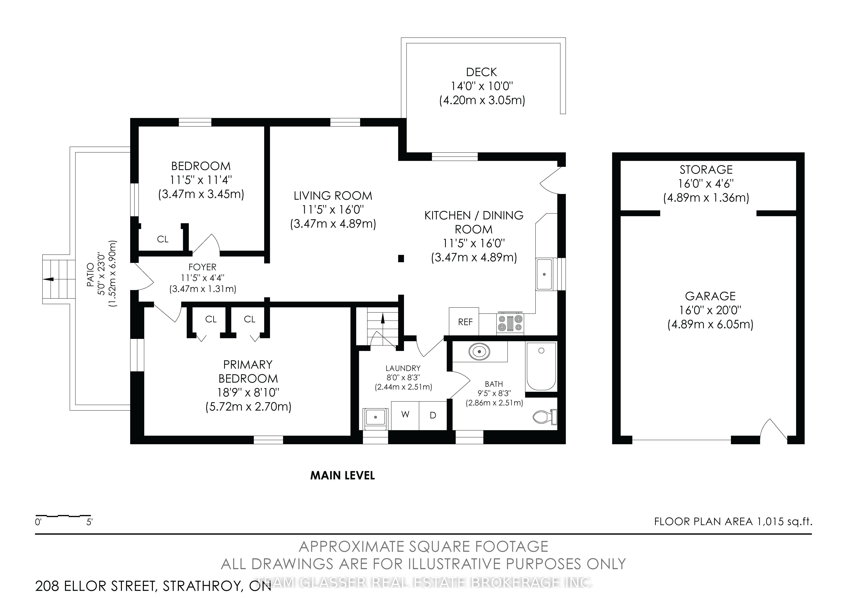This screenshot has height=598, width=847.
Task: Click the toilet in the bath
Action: [545, 417]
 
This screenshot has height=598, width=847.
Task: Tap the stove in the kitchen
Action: [511, 323]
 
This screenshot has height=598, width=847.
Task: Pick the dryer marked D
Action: [433, 415]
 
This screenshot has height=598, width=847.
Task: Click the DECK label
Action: [481, 72]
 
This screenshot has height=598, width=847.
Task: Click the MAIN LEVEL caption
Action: [342, 476]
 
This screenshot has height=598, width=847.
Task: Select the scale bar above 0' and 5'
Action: [63, 515]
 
